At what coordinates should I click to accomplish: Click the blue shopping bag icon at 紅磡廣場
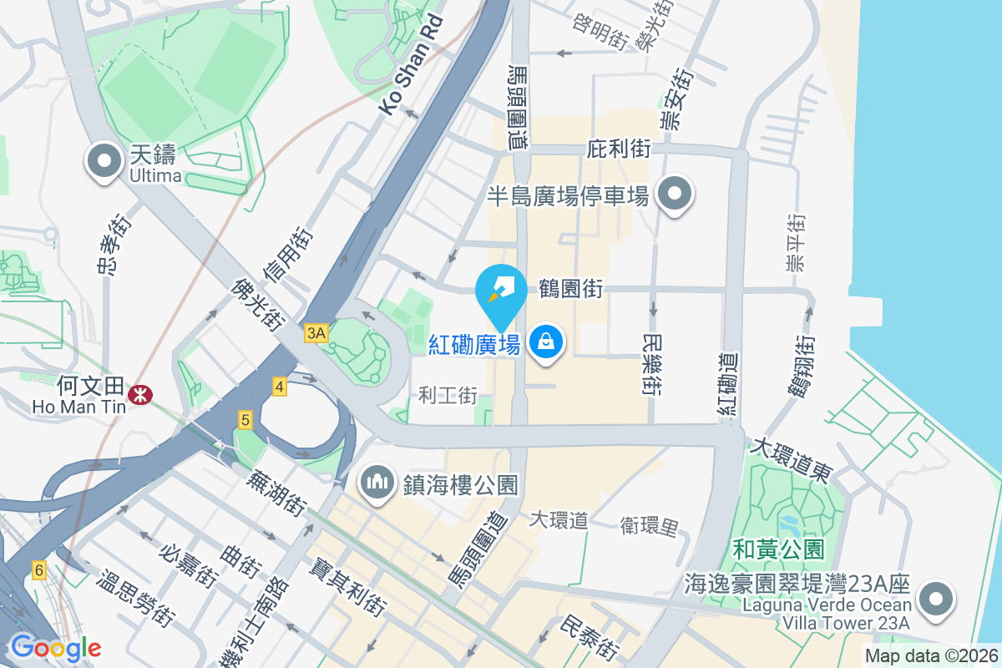(x=545, y=342)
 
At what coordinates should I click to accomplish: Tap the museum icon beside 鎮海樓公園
(x=378, y=482)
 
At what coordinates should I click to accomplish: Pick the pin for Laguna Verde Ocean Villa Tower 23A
(x=936, y=599)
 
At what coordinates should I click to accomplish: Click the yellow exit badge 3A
(x=316, y=333)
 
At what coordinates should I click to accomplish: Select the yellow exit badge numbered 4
(x=279, y=387)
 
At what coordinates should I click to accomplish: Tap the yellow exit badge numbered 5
(x=245, y=421)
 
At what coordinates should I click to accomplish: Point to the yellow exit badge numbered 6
(x=38, y=570)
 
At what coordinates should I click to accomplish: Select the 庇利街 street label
(x=619, y=149)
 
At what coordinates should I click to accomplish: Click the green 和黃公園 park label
(x=779, y=549)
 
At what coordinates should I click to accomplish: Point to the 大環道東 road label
(x=789, y=460)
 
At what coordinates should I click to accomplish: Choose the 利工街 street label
(x=448, y=394)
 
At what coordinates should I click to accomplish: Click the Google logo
(x=55, y=647)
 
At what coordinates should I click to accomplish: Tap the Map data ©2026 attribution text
(x=930, y=656)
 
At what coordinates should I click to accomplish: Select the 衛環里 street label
(x=650, y=525)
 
